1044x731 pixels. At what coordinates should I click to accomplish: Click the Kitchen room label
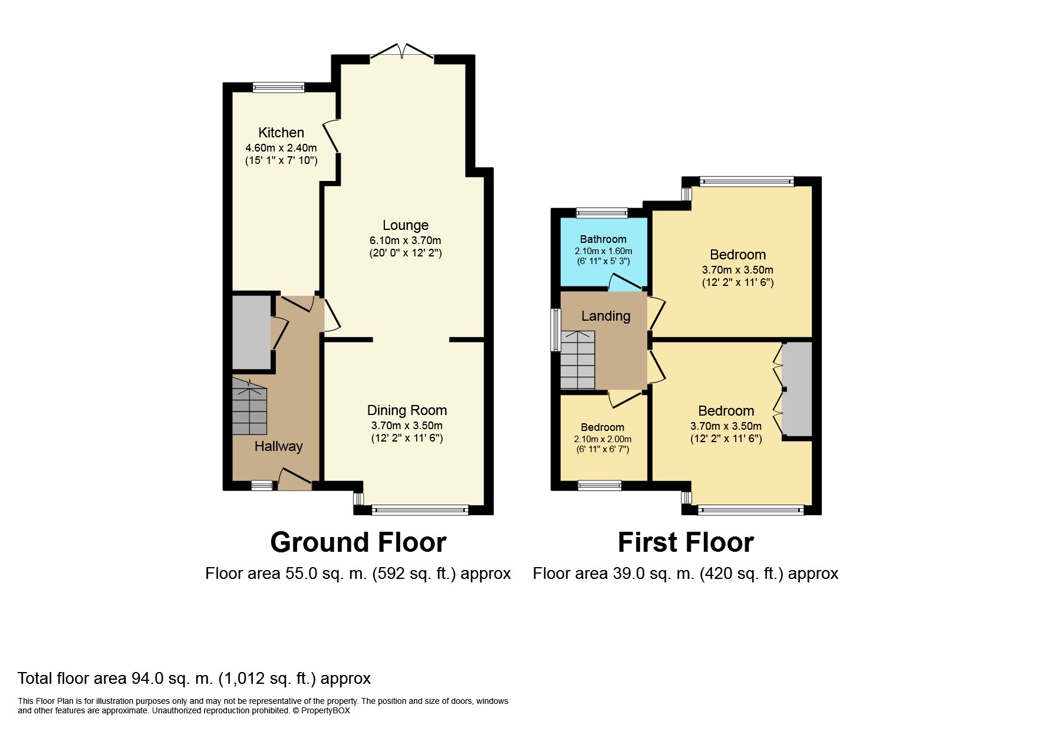[x=281, y=133]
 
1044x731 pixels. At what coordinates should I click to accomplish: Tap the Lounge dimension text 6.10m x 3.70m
[x=406, y=241]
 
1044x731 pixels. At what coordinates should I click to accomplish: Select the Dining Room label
[x=407, y=410]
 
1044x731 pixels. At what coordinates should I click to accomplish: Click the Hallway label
[x=278, y=446]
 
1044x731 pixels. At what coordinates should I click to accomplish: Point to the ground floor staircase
[x=249, y=407]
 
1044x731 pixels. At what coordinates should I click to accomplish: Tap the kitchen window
[x=279, y=87]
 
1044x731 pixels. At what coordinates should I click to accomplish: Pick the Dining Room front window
[x=420, y=510]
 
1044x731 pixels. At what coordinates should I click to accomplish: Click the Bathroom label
[x=603, y=239]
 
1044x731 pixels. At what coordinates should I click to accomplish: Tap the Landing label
[x=605, y=316]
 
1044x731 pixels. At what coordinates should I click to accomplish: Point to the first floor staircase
[x=578, y=360]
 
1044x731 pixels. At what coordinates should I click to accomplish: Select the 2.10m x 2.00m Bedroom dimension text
[x=602, y=439]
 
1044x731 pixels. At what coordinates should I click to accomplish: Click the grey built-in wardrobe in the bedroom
[x=796, y=389]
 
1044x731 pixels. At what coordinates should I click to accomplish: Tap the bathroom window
[x=602, y=213]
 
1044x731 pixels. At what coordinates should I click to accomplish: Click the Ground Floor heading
[x=358, y=542]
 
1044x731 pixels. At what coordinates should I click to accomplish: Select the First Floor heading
[x=686, y=542]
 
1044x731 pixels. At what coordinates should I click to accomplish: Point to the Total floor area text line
[x=194, y=679]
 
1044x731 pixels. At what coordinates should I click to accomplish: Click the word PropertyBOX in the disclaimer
[x=325, y=710]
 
